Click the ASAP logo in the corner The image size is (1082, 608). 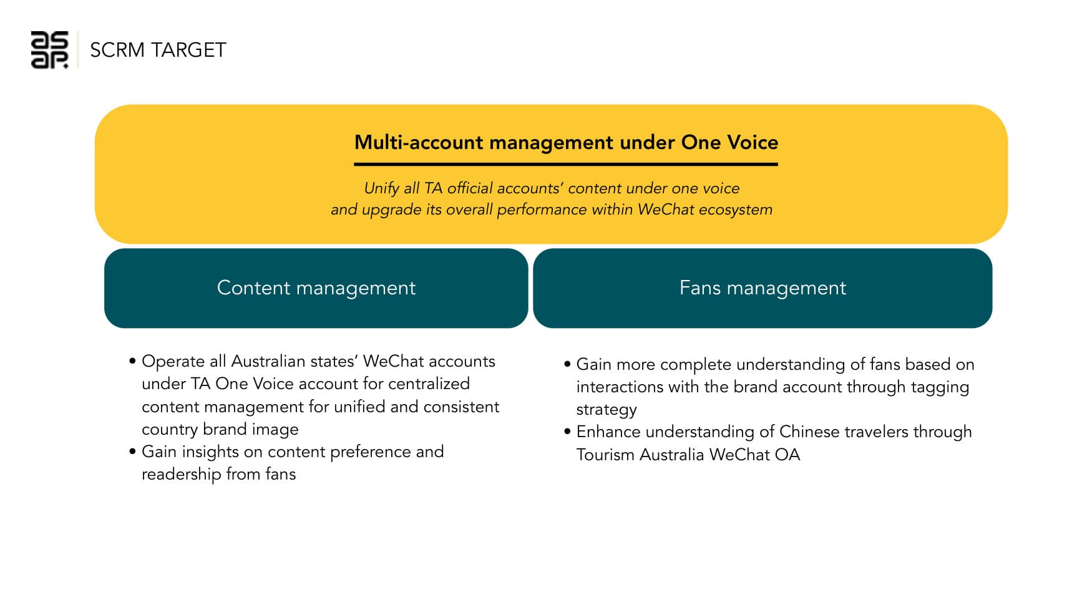pos(49,50)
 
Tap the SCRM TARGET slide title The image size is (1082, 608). pos(158,50)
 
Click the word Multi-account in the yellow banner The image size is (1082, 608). pos(419,143)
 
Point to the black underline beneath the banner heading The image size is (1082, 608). pos(565,164)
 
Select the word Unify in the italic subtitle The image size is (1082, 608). pos(381,188)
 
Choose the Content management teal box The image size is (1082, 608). pos(316,288)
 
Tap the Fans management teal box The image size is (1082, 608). pos(762,288)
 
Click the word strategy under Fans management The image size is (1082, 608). pos(606,410)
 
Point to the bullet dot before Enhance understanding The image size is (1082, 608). pos(567,432)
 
